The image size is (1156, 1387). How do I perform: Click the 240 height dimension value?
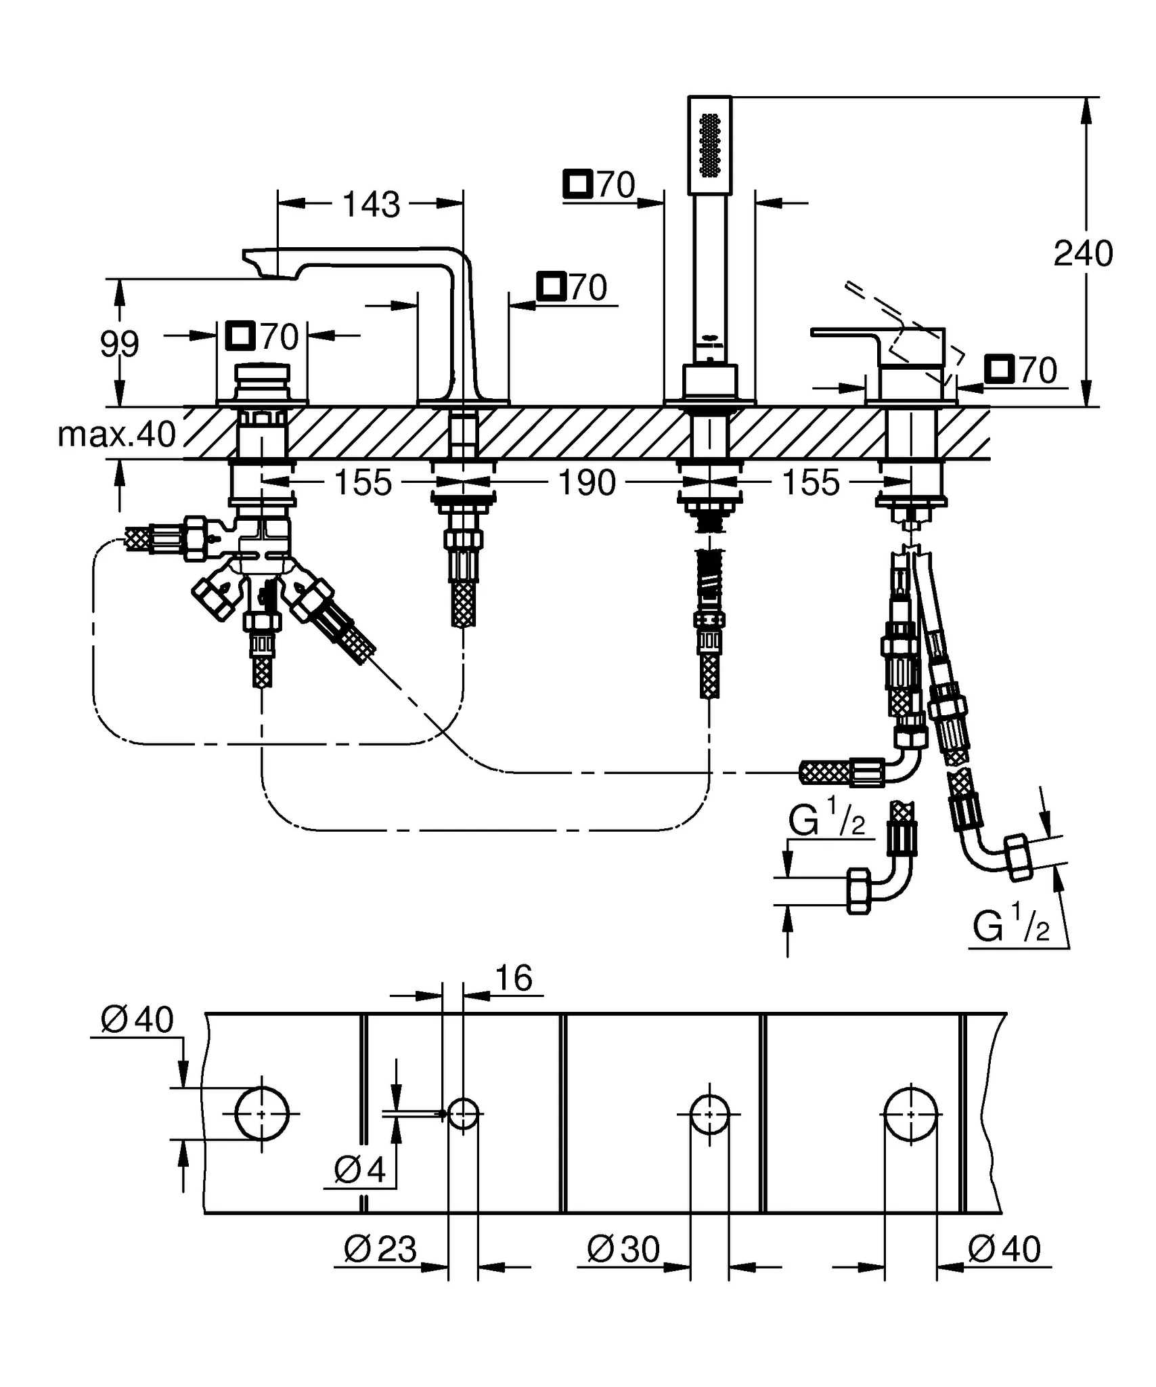1082,254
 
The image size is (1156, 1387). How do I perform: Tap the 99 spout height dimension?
119,344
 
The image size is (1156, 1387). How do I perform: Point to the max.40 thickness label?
116,434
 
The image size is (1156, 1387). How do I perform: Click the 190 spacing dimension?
586,483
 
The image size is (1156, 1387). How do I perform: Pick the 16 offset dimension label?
514,978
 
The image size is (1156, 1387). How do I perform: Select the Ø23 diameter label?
380,1249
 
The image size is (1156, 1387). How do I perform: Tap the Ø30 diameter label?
623,1249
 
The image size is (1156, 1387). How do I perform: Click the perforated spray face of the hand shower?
709,146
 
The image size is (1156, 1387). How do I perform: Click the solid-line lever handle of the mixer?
846,332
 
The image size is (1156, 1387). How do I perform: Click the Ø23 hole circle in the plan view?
464,1113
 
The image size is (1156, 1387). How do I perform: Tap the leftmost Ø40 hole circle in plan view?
262,1113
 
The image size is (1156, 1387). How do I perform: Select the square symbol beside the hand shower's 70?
578,184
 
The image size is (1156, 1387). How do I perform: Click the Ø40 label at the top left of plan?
137,1019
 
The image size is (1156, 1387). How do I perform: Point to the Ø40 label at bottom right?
1004,1249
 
